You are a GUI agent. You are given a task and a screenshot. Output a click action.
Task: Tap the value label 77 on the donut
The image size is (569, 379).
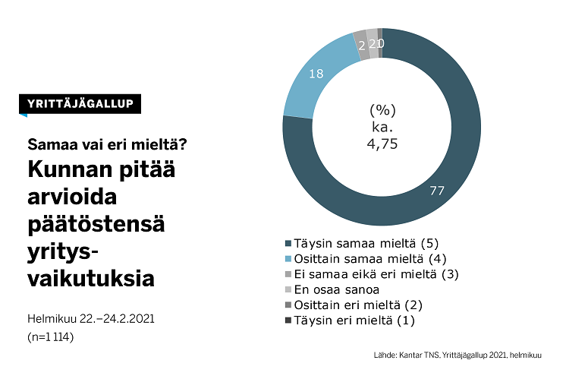pyautogui.click(x=436, y=190)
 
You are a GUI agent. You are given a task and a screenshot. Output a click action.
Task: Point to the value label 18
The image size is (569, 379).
pyautogui.click(x=317, y=74)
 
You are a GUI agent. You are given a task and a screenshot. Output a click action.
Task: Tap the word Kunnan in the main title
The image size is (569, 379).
pyautogui.click(x=76, y=170)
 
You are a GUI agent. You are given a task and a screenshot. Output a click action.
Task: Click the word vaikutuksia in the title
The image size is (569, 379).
pyautogui.click(x=91, y=279)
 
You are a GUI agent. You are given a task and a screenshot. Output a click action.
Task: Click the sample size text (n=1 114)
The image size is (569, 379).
pyautogui.click(x=51, y=336)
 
